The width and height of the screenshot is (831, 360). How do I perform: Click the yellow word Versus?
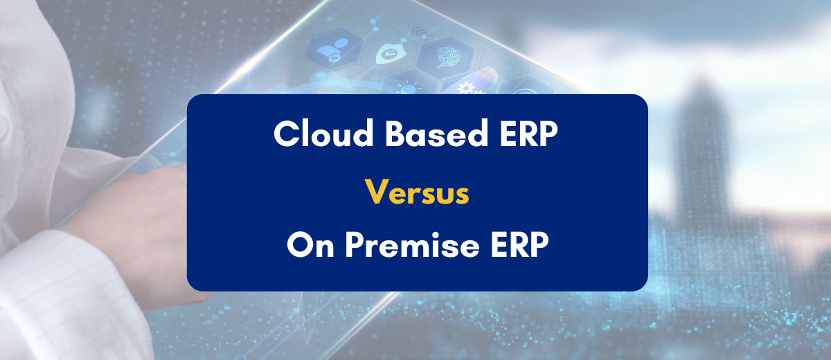(417, 192)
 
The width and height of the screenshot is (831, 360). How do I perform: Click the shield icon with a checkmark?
(388, 53)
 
